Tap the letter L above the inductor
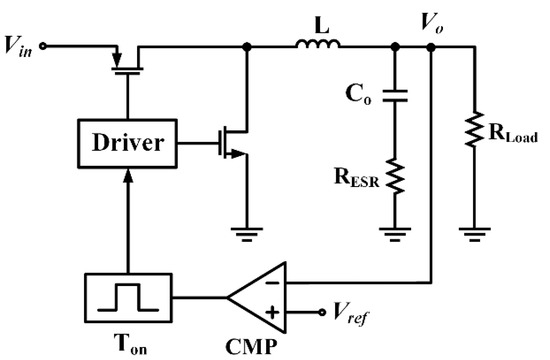(319, 21)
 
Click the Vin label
(22, 46)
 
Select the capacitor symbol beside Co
(397, 95)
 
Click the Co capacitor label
(359, 95)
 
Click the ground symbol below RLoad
(472, 234)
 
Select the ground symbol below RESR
(397, 234)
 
